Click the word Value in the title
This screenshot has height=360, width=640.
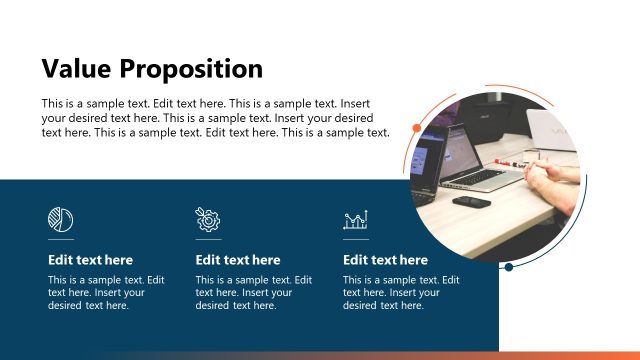76,69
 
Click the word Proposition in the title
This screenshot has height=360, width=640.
191,70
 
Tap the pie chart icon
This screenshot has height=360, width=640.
60,219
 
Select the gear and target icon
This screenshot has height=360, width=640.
208,219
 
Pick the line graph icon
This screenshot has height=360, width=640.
355,220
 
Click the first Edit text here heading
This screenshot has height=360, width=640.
90,260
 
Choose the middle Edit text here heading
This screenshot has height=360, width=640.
238,260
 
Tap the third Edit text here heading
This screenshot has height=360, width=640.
385,260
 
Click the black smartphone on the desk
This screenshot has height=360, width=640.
471,201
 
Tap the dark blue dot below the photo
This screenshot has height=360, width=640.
509,267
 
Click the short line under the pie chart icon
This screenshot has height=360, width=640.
60,240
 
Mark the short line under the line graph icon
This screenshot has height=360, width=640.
355,240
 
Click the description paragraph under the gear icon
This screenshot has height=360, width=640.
254,293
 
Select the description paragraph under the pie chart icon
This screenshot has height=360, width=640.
106,293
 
